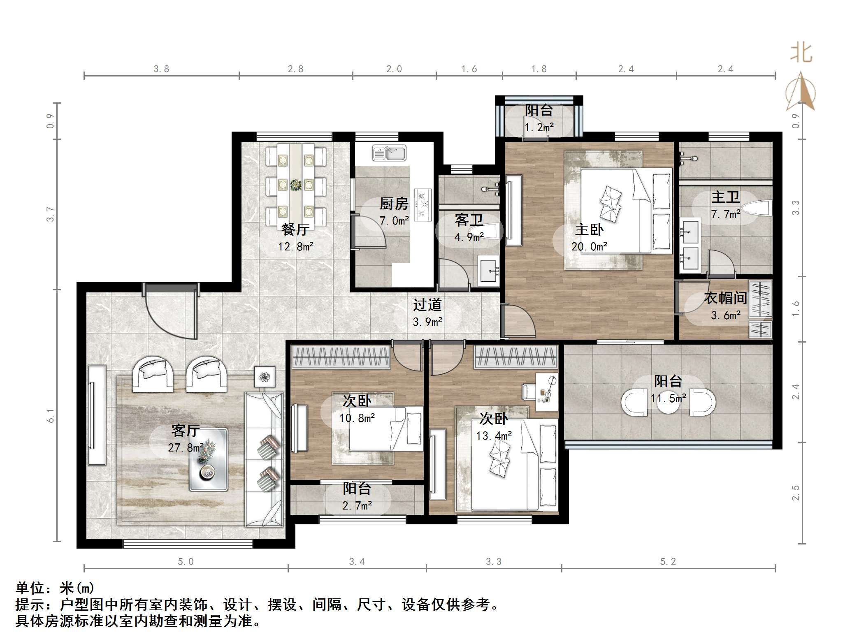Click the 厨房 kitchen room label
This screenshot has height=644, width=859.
[394, 204]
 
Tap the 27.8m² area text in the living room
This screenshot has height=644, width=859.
[186, 447]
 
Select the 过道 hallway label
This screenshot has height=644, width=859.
[427, 305]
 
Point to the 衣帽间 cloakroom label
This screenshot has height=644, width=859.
[725, 298]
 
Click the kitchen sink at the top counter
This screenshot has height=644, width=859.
[389, 153]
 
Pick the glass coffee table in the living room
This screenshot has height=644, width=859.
[208, 459]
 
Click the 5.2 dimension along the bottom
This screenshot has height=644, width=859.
[668, 561]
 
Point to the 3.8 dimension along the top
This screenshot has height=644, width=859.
[161, 69]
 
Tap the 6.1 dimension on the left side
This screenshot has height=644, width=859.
[50, 416]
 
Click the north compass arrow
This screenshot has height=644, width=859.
[801, 91]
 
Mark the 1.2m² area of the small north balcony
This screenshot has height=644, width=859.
[539, 127]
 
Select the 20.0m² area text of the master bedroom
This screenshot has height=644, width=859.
[589, 246]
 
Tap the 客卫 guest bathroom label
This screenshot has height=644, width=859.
[469, 220]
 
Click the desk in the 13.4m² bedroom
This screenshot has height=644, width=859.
[546, 392]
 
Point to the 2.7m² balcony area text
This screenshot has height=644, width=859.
[357, 505]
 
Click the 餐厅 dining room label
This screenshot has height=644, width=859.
[295, 229]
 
